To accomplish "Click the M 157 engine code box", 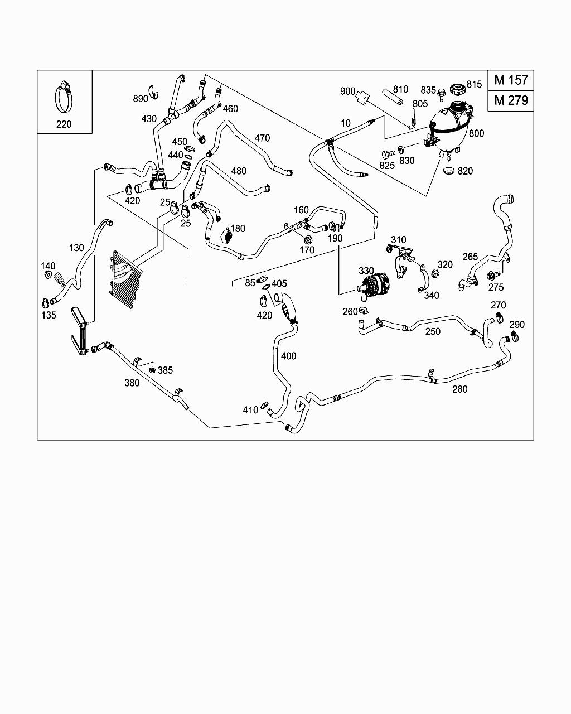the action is tap(511, 80).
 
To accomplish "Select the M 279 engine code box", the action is tap(511, 100).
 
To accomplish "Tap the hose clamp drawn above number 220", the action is tap(64, 97).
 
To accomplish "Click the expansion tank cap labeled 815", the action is tap(457, 88).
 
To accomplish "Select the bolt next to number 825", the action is tap(388, 155).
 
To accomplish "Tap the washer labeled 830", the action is tap(401, 149).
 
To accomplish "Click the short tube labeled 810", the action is tap(393, 96).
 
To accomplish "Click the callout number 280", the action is tap(459, 389).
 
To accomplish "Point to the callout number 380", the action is tap(132, 383).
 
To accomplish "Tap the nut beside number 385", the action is tap(152, 370).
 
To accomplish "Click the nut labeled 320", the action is tap(435, 274).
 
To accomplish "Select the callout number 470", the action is tap(262, 138).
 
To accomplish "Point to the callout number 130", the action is tap(76, 248).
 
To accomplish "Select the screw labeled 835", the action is tap(441, 95).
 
